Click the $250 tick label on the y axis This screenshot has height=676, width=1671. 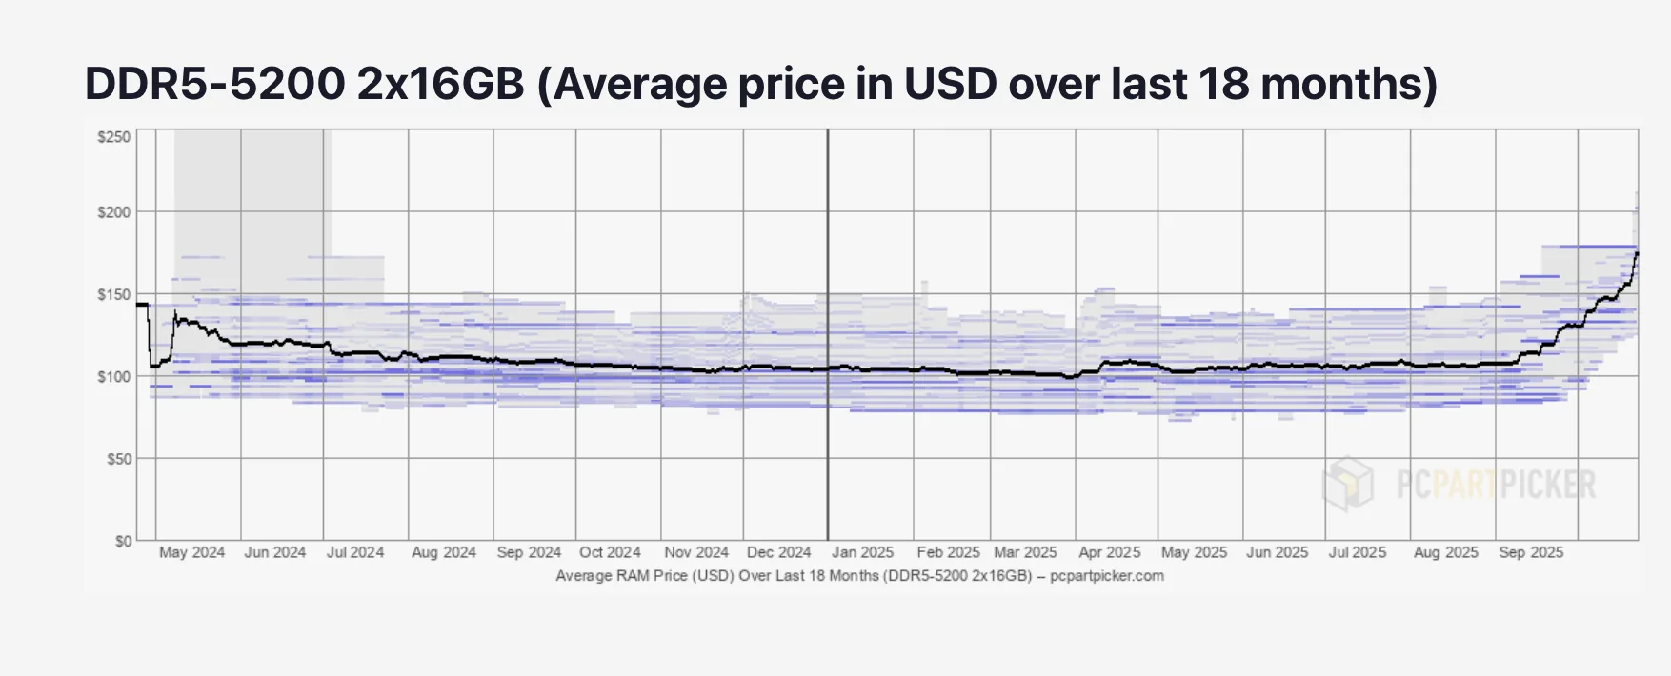pos(114,137)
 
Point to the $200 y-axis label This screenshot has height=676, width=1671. pos(114,211)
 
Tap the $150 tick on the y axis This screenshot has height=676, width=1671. pos(114,294)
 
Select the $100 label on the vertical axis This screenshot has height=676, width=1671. pos(114,376)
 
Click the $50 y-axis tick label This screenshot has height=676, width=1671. pos(117,458)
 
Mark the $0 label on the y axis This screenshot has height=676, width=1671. pos(123,541)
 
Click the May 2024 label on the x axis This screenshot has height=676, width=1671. pos(191,552)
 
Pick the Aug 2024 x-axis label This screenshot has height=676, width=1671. pos(443,552)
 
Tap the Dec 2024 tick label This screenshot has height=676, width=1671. pos(778,552)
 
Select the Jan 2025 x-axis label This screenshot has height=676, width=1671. pos(862,552)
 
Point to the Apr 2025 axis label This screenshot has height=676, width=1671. pos(1109,552)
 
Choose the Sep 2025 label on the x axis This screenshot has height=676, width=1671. pos(1530,552)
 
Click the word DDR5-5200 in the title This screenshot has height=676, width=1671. pos(214,84)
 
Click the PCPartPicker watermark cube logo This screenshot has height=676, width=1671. pos(1349,483)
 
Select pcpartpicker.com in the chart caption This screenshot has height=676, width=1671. pos(1106,576)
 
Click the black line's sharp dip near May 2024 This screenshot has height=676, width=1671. pos(152,366)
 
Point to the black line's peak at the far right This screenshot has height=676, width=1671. pos(1636,253)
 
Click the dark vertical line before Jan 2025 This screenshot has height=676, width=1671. pos(827,333)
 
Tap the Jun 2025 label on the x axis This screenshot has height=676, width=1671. pos(1277,552)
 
